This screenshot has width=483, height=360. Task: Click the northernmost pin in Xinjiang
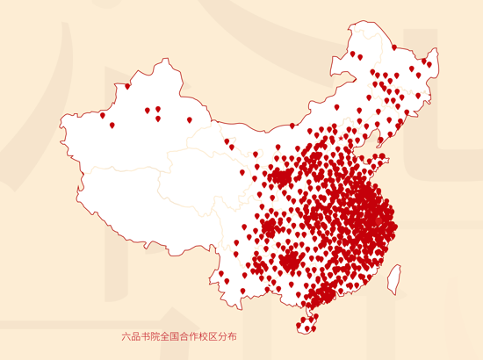(127, 86)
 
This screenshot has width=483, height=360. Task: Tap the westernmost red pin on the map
(102, 115)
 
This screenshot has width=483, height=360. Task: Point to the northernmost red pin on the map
(394, 47)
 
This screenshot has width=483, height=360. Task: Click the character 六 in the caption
(127, 336)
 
